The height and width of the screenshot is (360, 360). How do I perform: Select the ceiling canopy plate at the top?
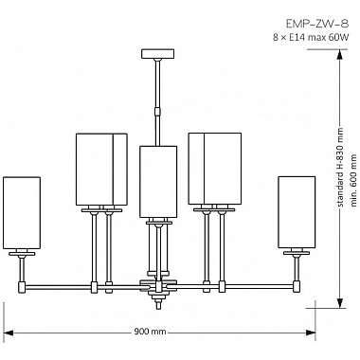(158, 59)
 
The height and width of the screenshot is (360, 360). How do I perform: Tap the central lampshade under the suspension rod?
(158, 180)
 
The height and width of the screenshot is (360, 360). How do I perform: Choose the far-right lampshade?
(296, 210)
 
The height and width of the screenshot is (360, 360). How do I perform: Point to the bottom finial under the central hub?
(158, 302)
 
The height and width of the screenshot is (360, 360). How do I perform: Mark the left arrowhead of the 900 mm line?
(9, 333)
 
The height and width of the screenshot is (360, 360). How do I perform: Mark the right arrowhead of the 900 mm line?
(309, 333)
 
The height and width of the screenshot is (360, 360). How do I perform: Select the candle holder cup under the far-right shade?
(296, 253)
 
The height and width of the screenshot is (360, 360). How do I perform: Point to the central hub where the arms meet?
(158, 283)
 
